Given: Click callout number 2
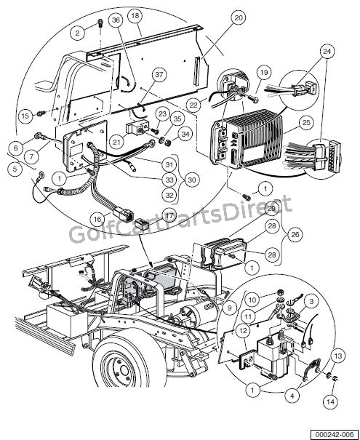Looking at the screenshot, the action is tap(77, 33).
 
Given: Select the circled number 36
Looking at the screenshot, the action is tap(116, 20).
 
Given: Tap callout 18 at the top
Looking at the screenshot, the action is tap(135, 16).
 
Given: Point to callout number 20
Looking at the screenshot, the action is tap(239, 17).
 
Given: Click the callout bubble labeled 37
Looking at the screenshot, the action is tap(159, 74).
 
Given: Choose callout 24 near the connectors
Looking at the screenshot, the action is tap(327, 52).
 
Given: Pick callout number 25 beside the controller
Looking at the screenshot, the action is tap(306, 123).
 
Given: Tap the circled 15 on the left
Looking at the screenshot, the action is tap(25, 116).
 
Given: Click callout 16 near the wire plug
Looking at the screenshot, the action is tap(97, 219).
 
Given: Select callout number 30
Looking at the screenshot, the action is tap(192, 180).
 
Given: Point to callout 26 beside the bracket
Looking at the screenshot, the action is tap(295, 234).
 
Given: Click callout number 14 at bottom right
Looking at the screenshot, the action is tap(330, 401).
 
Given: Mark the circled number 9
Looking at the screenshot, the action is tap(230, 308).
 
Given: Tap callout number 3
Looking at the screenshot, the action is tap(311, 301).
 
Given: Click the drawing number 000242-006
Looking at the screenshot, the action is tap(335, 434).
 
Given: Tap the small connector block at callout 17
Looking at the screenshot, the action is tap(143, 225).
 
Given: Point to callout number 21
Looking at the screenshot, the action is tap(116, 142).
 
